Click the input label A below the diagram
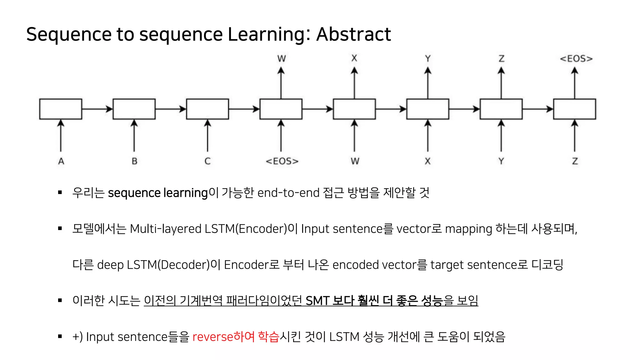[x=61, y=161]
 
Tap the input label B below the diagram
[x=134, y=161]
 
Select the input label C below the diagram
[x=207, y=161]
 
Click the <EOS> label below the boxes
[x=282, y=161]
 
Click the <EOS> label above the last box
[x=576, y=59]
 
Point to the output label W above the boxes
[x=281, y=59]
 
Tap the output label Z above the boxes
[x=501, y=59]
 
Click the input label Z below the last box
[x=575, y=161]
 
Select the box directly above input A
[x=61, y=109]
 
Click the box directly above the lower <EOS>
[x=281, y=109]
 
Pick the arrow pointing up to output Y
[x=428, y=83]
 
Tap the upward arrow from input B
[x=134, y=136]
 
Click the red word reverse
[x=212, y=337]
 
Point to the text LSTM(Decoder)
[x=168, y=265]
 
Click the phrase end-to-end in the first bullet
[x=288, y=193]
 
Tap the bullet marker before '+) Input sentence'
[x=60, y=337]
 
